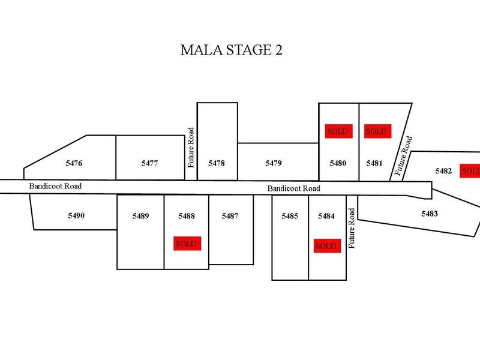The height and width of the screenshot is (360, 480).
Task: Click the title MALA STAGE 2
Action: [231, 50]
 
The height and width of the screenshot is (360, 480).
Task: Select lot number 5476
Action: [74, 163]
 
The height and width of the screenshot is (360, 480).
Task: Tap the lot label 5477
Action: [149, 163]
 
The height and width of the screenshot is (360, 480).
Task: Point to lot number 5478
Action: [217, 163]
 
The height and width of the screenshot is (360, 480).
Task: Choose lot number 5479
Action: [274, 163]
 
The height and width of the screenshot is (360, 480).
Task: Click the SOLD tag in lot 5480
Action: [338, 131]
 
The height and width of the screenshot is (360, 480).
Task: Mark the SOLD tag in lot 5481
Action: [377, 131]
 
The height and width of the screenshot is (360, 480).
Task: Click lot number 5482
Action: [443, 171]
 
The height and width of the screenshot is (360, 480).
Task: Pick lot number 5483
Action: [430, 214]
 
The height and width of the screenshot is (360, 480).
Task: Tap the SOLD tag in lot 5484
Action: [327, 246]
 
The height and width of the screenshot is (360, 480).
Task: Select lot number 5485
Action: [290, 216]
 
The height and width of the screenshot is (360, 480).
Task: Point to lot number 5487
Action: [230, 216]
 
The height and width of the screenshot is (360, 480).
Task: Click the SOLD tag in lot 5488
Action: [187, 244]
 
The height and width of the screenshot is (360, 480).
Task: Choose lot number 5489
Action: [141, 216]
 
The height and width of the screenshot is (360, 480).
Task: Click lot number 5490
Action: [76, 216]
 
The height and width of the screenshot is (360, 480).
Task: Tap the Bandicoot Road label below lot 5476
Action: [55, 186]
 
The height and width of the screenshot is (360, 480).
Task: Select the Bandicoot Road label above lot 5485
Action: [294, 188]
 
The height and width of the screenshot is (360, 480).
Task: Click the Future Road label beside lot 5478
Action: [191, 148]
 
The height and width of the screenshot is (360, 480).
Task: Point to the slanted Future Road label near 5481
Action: [403, 156]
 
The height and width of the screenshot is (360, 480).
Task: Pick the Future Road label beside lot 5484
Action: [352, 229]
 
